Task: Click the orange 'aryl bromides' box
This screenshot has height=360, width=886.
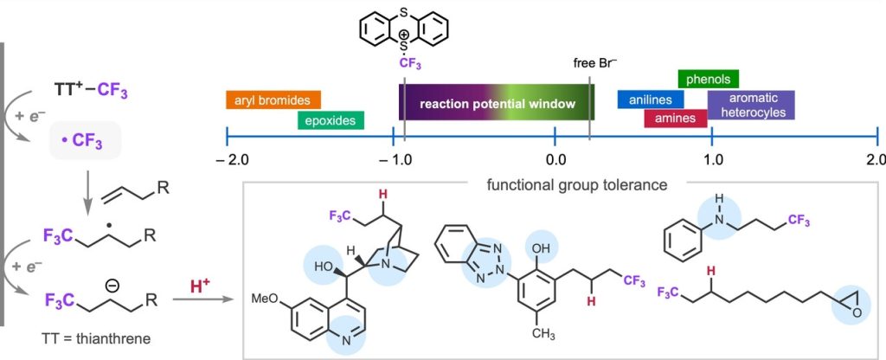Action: (x=273, y=100)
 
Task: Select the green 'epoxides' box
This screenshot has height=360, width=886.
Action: (x=331, y=119)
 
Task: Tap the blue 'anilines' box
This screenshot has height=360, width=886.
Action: (x=651, y=100)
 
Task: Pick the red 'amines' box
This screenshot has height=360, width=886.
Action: (x=675, y=118)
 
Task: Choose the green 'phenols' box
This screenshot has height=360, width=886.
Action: (x=709, y=80)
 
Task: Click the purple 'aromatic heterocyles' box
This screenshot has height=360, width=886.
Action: (x=750, y=105)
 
